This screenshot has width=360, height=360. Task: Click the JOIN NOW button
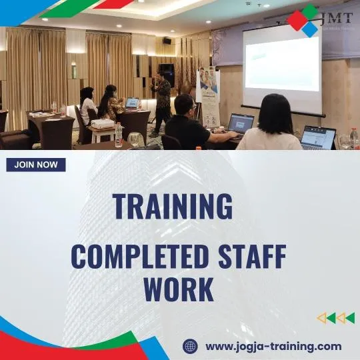36,165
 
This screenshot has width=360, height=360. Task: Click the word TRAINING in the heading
173,206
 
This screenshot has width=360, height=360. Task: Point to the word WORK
179,289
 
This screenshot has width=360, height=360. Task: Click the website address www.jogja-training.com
273,346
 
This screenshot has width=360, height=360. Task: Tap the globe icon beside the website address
191,346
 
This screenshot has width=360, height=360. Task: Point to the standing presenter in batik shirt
161,100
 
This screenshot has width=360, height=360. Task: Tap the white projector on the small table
102,124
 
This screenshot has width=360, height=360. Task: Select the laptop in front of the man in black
240,123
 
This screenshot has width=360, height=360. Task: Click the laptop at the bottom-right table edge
319,137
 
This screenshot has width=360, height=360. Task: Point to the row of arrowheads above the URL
335,318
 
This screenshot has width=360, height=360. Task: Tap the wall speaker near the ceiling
166,41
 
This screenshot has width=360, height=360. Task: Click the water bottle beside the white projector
119,135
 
